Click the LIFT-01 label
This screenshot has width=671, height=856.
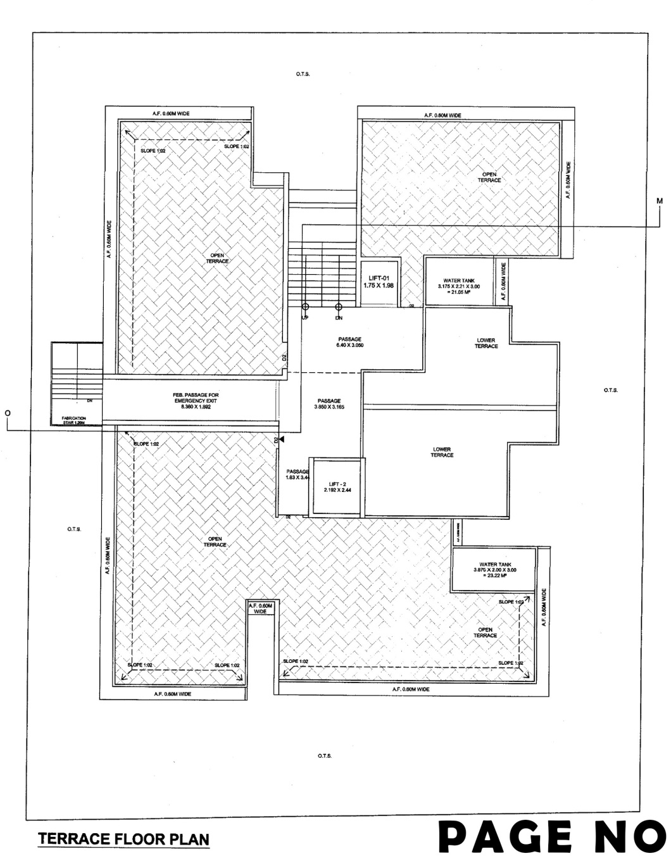(379, 281)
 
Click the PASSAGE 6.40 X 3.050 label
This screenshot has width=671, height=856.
(349, 343)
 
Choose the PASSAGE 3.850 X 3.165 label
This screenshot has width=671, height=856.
(329, 404)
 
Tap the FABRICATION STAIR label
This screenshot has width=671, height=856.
(73, 420)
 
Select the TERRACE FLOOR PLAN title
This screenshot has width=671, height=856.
(123, 840)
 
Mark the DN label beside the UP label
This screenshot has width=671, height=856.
(339, 317)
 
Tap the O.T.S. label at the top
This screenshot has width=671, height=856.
(302, 74)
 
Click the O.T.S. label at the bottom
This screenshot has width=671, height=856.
(325, 756)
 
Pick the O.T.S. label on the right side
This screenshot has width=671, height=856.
(611, 390)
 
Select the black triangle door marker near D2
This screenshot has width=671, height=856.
(282, 439)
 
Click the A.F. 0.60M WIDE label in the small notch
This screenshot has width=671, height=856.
(260, 609)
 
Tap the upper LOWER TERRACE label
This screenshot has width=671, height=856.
(486, 343)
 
